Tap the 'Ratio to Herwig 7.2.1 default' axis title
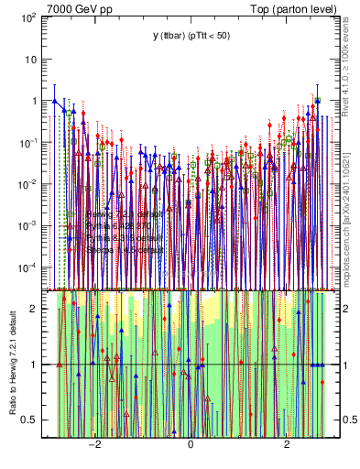(x=12, y=363)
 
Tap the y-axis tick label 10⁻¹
(x=27, y=142)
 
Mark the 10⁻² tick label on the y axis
(x=27, y=183)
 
